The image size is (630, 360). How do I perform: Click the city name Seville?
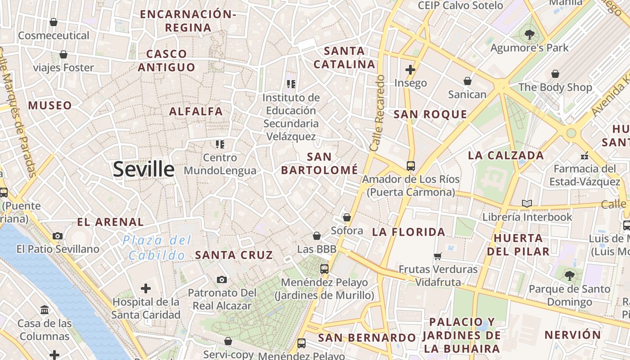click(x=144, y=170)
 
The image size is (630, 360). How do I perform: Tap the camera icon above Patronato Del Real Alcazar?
click(x=221, y=280)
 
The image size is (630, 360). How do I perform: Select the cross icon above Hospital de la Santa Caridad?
click(x=146, y=288)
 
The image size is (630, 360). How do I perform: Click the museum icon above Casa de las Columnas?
click(x=45, y=310)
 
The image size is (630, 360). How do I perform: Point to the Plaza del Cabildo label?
click(x=157, y=248)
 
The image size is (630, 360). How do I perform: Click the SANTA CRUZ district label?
click(x=234, y=255)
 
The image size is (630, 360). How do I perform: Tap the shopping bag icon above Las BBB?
click(x=317, y=236)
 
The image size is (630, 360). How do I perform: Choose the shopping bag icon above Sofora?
click(x=347, y=218)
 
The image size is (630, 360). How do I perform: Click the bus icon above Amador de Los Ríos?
click(x=411, y=166)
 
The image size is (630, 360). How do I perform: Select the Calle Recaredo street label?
click(x=377, y=113)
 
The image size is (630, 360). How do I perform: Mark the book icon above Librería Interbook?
click(x=527, y=203)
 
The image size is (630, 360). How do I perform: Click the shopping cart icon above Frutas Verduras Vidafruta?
click(x=438, y=256)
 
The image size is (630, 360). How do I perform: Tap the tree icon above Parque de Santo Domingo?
click(x=569, y=275)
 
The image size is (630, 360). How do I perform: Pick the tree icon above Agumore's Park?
click(x=530, y=34)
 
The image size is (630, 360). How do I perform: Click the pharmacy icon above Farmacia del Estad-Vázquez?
click(x=585, y=156)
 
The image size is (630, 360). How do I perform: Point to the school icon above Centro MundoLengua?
click(x=220, y=144)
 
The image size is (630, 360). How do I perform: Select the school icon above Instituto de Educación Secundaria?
click(x=291, y=84)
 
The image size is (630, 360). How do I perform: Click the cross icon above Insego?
click(x=410, y=70)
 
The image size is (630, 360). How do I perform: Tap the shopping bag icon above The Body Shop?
click(x=555, y=74)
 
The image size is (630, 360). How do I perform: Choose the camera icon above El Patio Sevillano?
click(x=58, y=236)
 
